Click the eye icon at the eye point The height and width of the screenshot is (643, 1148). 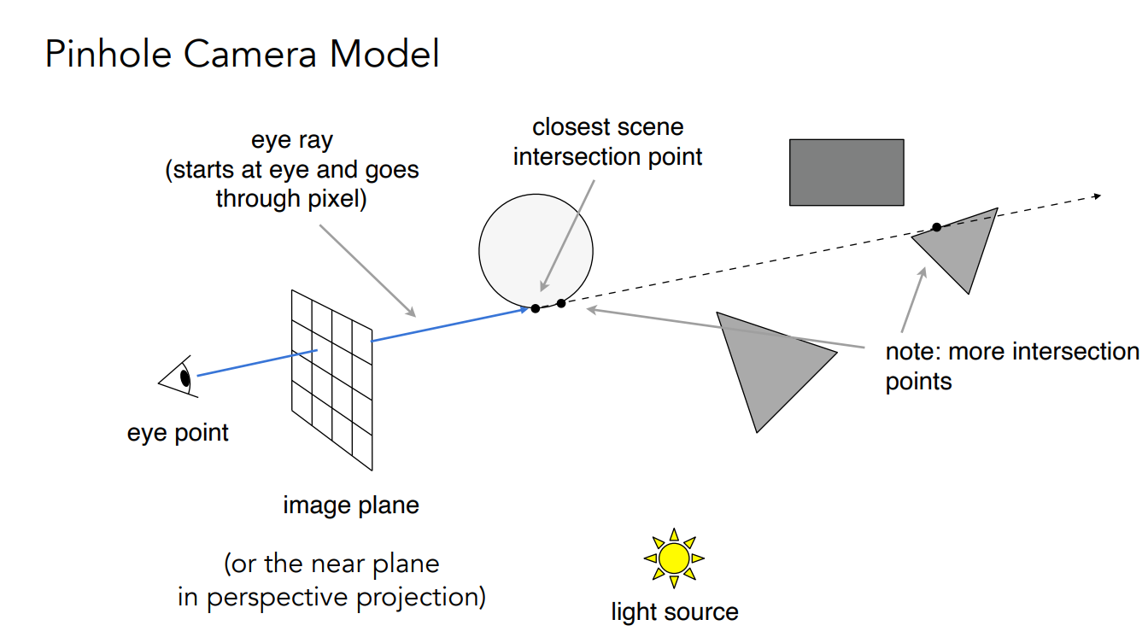point(180,378)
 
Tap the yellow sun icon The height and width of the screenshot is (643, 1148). point(674,558)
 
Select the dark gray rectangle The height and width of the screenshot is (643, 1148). point(846,172)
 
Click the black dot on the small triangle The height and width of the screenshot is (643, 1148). point(936,226)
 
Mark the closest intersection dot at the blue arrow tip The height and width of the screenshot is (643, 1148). point(535,308)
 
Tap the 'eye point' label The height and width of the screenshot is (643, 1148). point(178,433)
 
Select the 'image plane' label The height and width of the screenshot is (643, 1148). point(351,506)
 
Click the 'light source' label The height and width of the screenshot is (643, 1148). point(674,612)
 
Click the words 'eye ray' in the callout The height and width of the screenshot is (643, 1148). point(291,141)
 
